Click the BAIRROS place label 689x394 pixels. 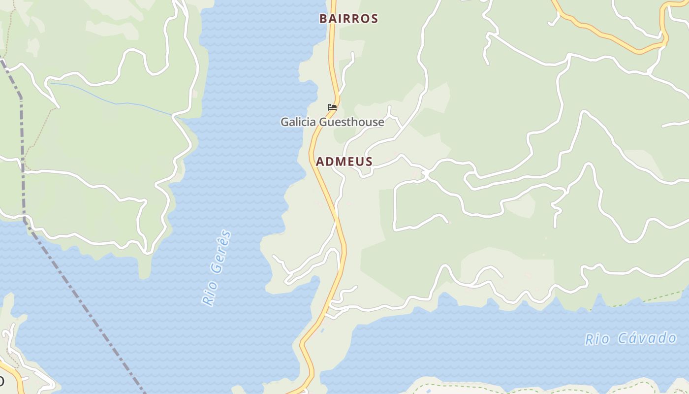(348, 19)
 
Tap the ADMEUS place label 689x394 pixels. (344, 162)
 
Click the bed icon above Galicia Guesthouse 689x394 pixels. (332, 107)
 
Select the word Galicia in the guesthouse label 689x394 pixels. (299, 122)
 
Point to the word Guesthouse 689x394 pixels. (351, 122)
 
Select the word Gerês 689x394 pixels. (221, 252)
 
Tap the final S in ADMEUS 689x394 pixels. (369, 162)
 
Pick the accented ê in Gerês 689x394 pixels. (224, 242)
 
